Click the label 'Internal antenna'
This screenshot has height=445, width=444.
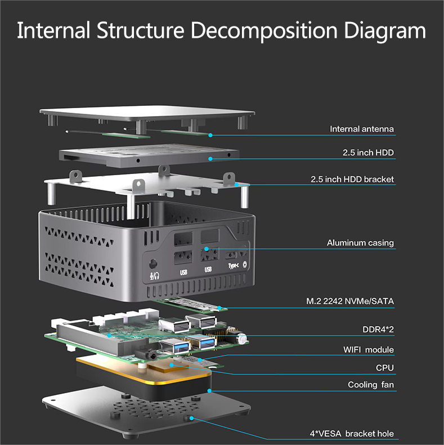[x=362, y=129]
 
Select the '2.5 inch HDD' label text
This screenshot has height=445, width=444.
[x=368, y=153]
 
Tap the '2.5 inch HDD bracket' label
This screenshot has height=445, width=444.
[x=352, y=180]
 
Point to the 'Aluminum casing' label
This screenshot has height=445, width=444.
[x=360, y=243]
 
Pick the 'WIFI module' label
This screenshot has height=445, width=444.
[x=369, y=350]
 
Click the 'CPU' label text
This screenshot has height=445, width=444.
[x=385, y=368]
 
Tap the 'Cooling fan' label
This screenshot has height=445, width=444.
[x=371, y=385]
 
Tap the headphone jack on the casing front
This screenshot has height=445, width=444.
[x=153, y=263]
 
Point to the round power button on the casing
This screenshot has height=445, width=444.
[x=245, y=264]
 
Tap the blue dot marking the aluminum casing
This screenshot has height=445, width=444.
[x=207, y=248]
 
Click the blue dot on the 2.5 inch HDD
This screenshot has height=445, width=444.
[x=210, y=159]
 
